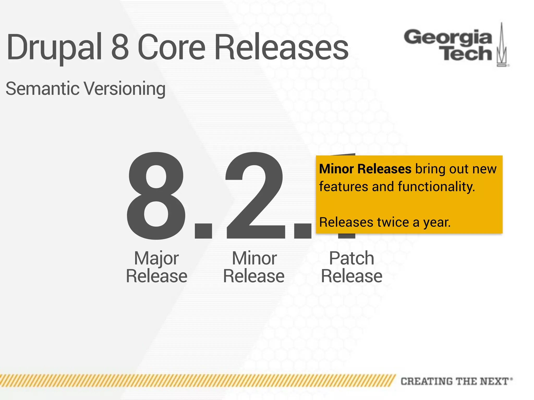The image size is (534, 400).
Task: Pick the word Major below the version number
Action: tap(156, 258)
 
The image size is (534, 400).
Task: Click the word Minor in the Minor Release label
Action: tap(254, 258)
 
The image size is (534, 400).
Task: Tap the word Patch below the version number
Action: tap(351, 258)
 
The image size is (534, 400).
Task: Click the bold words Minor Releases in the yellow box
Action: tap(365, 169)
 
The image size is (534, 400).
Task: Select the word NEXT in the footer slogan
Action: tap(494, 381)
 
